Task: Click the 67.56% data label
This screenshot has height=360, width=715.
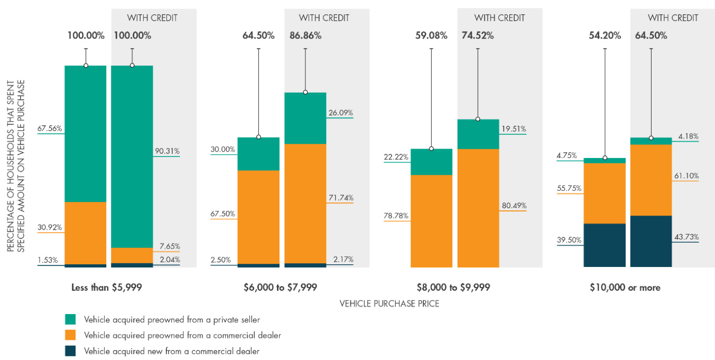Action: (x=50, y=128)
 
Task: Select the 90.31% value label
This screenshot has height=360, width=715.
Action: (x=167, y=151)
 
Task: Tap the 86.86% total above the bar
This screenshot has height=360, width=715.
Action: (x=305, y=36)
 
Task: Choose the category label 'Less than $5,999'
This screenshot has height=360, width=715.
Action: (x=107, y=288)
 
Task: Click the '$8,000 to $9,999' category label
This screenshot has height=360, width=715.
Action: (x=453, y=288)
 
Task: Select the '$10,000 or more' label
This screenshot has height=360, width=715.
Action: (x=626, y=288)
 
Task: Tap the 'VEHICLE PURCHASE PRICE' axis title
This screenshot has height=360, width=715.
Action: (x=389, y=304)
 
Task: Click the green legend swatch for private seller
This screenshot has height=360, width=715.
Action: (x=70, y=319)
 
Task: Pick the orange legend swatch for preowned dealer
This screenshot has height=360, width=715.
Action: (x=70, y=335)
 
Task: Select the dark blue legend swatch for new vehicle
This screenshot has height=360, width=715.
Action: (x=70, y=350)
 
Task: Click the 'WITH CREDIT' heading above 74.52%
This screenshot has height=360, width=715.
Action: (x=499, y=18)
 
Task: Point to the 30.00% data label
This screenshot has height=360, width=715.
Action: (x=222, y=150)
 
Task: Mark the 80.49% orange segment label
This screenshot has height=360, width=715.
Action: (x=513, y=206)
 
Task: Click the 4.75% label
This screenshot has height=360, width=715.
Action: (x=567, y=155)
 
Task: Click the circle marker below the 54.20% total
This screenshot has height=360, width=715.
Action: (x=605, y=158)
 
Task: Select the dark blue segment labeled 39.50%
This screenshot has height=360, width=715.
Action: (x=605, y=245)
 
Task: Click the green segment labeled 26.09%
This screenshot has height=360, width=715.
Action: (x=305, y=118)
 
